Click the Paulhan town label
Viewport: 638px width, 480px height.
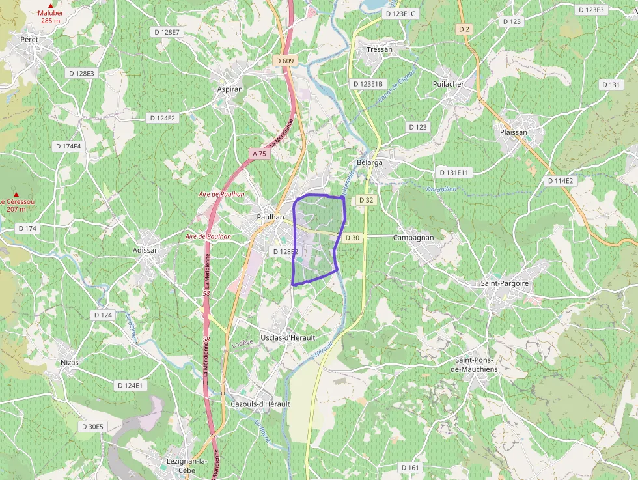click(x=270, y=217)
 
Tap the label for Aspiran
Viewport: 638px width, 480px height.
click(x=230, y=89)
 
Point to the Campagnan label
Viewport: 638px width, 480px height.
click(x=413, y=238)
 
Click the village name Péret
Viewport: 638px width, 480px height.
click(x=29, y=40)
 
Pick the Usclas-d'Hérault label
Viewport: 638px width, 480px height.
click(x=288, y=337)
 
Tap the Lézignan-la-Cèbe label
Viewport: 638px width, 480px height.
click(x=178, y=466)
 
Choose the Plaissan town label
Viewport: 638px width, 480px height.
click(x=513, y=132)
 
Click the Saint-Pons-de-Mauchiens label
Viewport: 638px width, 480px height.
click(x=476, y=365)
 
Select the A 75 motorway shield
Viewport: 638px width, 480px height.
click(x=259, y=154)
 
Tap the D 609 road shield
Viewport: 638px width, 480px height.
click(x=285, y=61)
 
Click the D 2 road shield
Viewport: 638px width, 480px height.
click(x=464, y=29)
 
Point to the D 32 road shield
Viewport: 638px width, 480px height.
click(x=366, y=200)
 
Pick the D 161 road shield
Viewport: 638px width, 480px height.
click(x=410, y=468)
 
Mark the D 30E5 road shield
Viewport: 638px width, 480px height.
click(x=92, y=427)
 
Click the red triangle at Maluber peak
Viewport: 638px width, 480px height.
click(x=50, y=5)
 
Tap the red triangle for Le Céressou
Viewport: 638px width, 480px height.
click(x=16, y=194)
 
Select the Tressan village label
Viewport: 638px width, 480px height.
click(x=380, y=49)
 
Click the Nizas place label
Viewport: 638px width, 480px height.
click(x=68, y=362)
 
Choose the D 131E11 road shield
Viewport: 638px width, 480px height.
click(x=454, y=173)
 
